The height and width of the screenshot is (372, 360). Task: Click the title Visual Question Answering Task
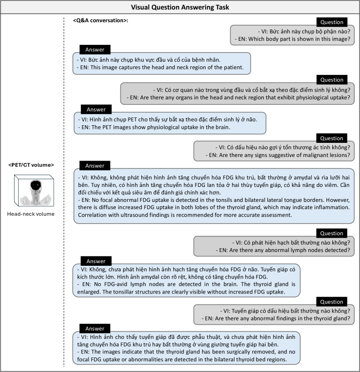tap(180, 7)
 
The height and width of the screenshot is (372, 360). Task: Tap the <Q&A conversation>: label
tap(101, 21)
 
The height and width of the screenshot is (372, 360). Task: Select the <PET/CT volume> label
tap(31, 164)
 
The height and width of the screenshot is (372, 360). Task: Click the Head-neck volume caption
tap(31, 214)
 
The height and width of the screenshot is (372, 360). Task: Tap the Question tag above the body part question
tap(331, 22)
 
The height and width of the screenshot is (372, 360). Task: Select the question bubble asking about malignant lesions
tap(274, 151)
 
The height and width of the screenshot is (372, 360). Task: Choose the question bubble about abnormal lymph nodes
tap(274, 246)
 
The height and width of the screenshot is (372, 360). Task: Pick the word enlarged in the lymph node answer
tap(89, 291)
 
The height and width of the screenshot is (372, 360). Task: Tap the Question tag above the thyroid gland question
tap(331, 302)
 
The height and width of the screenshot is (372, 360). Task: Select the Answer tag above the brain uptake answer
tap(96, 109)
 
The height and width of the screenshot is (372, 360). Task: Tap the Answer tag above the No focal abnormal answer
tap(95, 166)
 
